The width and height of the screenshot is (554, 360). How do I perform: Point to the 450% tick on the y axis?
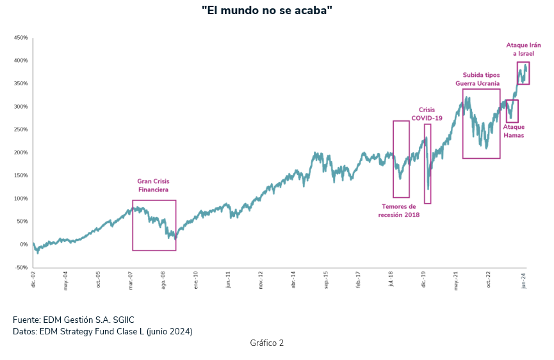20,38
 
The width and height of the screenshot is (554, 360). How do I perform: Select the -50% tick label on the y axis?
20,267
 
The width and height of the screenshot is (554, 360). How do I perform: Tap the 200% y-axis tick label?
20,152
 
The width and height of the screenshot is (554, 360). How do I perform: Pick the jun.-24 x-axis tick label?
525,281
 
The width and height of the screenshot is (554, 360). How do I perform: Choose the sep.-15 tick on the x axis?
326,281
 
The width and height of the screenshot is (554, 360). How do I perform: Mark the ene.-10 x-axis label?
195,281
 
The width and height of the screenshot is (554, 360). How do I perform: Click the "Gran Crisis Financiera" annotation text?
153,185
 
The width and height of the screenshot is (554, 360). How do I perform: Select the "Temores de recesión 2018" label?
398,211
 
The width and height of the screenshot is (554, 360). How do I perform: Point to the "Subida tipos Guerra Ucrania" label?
481,79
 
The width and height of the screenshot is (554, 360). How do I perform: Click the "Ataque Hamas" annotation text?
514,131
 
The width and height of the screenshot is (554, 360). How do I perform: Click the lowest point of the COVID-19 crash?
428,189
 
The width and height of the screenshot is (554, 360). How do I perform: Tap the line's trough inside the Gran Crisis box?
175,239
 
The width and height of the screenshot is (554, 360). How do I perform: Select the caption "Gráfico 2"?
266,343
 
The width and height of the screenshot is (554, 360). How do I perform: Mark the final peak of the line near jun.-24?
526,64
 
